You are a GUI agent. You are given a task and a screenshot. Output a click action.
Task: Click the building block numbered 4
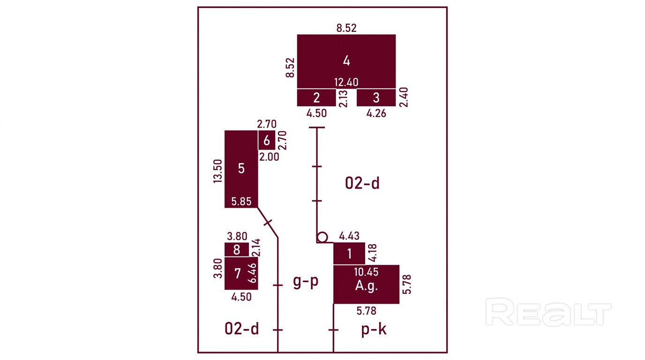click(346, 61)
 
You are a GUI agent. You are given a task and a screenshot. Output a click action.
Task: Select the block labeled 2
click(316, 97)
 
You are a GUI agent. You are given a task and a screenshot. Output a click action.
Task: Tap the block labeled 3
click(376, 97)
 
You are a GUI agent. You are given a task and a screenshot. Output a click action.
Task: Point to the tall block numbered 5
click(241, 169)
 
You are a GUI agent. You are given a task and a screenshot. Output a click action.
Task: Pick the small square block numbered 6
click(267, 140)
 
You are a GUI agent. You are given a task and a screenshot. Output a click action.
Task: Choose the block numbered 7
click(241, 273)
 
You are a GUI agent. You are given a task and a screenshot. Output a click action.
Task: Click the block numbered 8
click(237, 249)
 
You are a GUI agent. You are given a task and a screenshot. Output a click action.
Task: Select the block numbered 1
click(349, 254)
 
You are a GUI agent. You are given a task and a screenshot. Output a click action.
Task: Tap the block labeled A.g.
click(366, 284)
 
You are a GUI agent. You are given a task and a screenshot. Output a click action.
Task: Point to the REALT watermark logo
click(548, 312)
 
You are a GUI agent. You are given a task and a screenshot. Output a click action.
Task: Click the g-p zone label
click(306, 281)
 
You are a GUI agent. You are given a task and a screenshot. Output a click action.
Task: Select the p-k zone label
click(374, 329)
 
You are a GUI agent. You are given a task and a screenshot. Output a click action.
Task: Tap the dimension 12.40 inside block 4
click(346, 82)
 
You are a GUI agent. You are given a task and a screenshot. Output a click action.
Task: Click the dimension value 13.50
click(217, 172)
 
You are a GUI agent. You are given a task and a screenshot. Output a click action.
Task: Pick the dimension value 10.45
click(366, 272)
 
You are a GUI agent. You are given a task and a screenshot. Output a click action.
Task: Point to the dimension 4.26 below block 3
click(376, 113)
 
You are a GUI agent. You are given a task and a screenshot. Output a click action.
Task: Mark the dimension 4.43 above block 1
click(349, 236)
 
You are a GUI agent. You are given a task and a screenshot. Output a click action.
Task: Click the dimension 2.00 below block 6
click(269, 157)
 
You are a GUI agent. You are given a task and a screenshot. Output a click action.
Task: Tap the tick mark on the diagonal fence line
click(268, 223)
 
